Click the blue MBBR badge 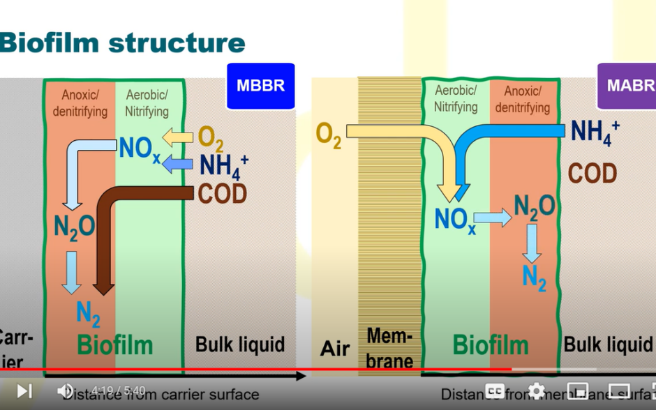260,86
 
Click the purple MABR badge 627,86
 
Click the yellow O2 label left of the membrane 329,134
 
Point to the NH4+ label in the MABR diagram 595,132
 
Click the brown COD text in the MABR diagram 592,173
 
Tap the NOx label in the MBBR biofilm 140,149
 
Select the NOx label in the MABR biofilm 454,220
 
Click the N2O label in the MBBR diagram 74,227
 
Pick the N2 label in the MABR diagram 534,277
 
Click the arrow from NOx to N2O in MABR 493,218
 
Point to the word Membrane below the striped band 389,349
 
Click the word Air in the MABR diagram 334,349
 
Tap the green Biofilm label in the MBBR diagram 114,344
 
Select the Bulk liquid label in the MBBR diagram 239,344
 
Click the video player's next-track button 24,391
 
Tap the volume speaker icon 65,391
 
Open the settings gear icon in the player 536,391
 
